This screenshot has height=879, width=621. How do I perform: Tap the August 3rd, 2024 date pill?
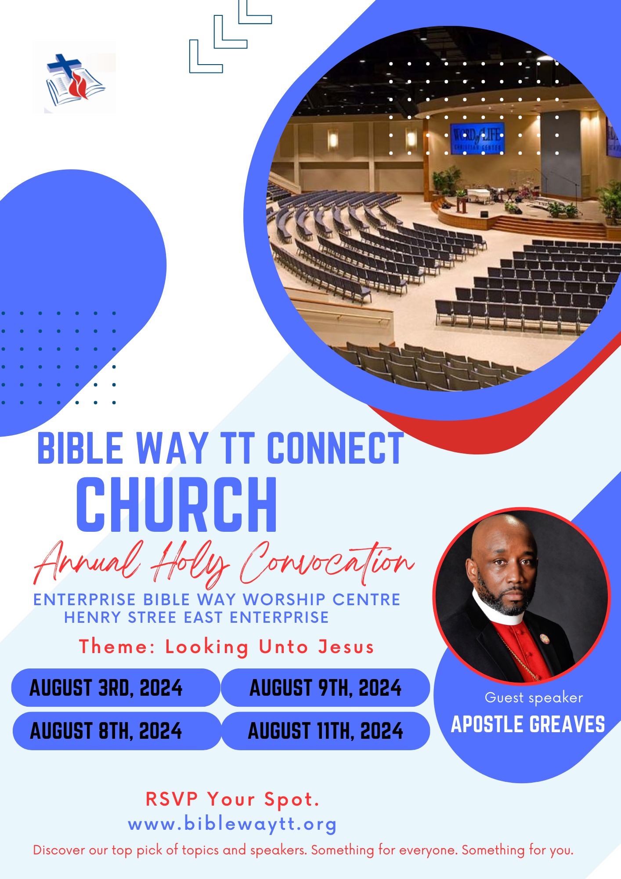coord(116,687)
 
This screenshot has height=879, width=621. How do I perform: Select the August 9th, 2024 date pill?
coord(325,687)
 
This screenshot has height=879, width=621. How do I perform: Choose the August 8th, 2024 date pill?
coord(117,731)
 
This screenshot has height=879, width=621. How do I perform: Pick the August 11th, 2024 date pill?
coord(325,731)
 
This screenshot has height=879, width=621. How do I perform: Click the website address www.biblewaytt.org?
coord(232,824)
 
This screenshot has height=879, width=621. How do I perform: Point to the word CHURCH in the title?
coord(177,505)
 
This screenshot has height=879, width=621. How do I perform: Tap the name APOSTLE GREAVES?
coord(528,724)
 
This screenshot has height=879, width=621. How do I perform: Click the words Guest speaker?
coord(534,698)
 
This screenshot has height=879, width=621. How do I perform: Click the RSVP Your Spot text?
coord(232,799)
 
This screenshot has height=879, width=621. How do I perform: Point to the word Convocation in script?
coord(327,562)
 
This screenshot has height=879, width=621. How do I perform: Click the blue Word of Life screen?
coord(478,138)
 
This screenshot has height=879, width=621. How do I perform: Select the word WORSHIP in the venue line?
coord(284,599)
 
